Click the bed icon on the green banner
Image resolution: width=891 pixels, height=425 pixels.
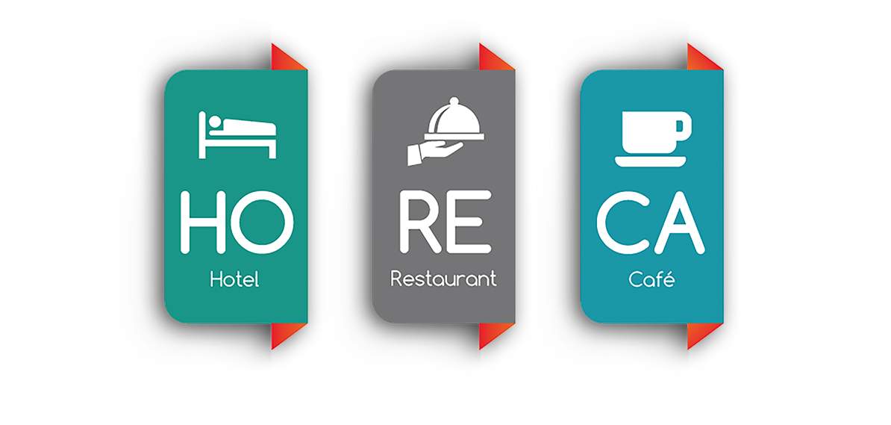(237, 135)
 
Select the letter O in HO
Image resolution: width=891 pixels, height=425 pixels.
(263, 222)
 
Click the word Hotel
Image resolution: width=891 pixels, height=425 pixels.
(234, 279)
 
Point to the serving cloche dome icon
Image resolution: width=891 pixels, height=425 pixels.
(454, 118)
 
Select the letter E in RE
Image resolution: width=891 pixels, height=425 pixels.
(469, 222)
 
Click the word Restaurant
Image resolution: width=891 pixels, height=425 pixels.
(443, 279)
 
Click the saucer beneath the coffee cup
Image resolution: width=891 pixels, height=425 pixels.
(650, 161)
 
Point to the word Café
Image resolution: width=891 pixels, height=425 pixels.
(651, 279)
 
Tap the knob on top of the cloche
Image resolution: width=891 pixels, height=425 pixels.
(454, 101)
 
